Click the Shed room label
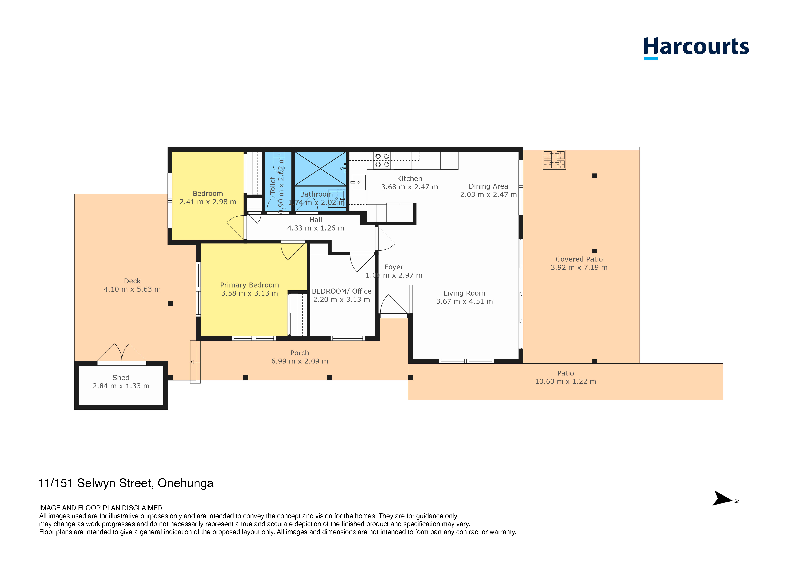pyautogui.click(x=121, y=378)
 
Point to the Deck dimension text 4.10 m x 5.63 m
pyautogui.click(x=132, y=289)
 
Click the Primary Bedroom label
pyautogui.click(x=249, y=285)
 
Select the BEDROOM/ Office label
pyautogui.click(x=342, y=291)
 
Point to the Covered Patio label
pyautogui.click(x=579, y=259)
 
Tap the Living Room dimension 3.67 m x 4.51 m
pyautogui.click(x=465, y=301)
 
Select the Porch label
pyautogui.click(x=299, y=353)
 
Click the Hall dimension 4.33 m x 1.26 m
pyautogui.click(x=316, y=228)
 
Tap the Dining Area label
pyautogui.click(x=488, y=186)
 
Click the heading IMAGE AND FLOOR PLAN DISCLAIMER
pyautogui.click(x=101, y=508)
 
